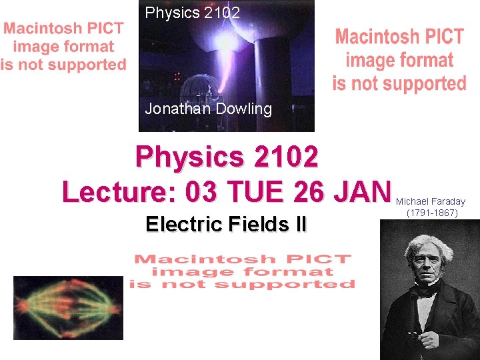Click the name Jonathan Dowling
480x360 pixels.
(x=208, y=109)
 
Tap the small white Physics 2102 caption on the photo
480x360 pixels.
(x=192, y=13)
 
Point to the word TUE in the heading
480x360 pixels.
(x=257, y=192)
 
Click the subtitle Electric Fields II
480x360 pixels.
(x=226, y=224)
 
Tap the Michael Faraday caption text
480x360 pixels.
(x=431, y=201)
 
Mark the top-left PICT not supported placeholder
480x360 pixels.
(x=63, y=47)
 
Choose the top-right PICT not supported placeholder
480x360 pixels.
(x=399, y=60)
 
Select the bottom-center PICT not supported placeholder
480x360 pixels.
(x=243, y=271)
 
